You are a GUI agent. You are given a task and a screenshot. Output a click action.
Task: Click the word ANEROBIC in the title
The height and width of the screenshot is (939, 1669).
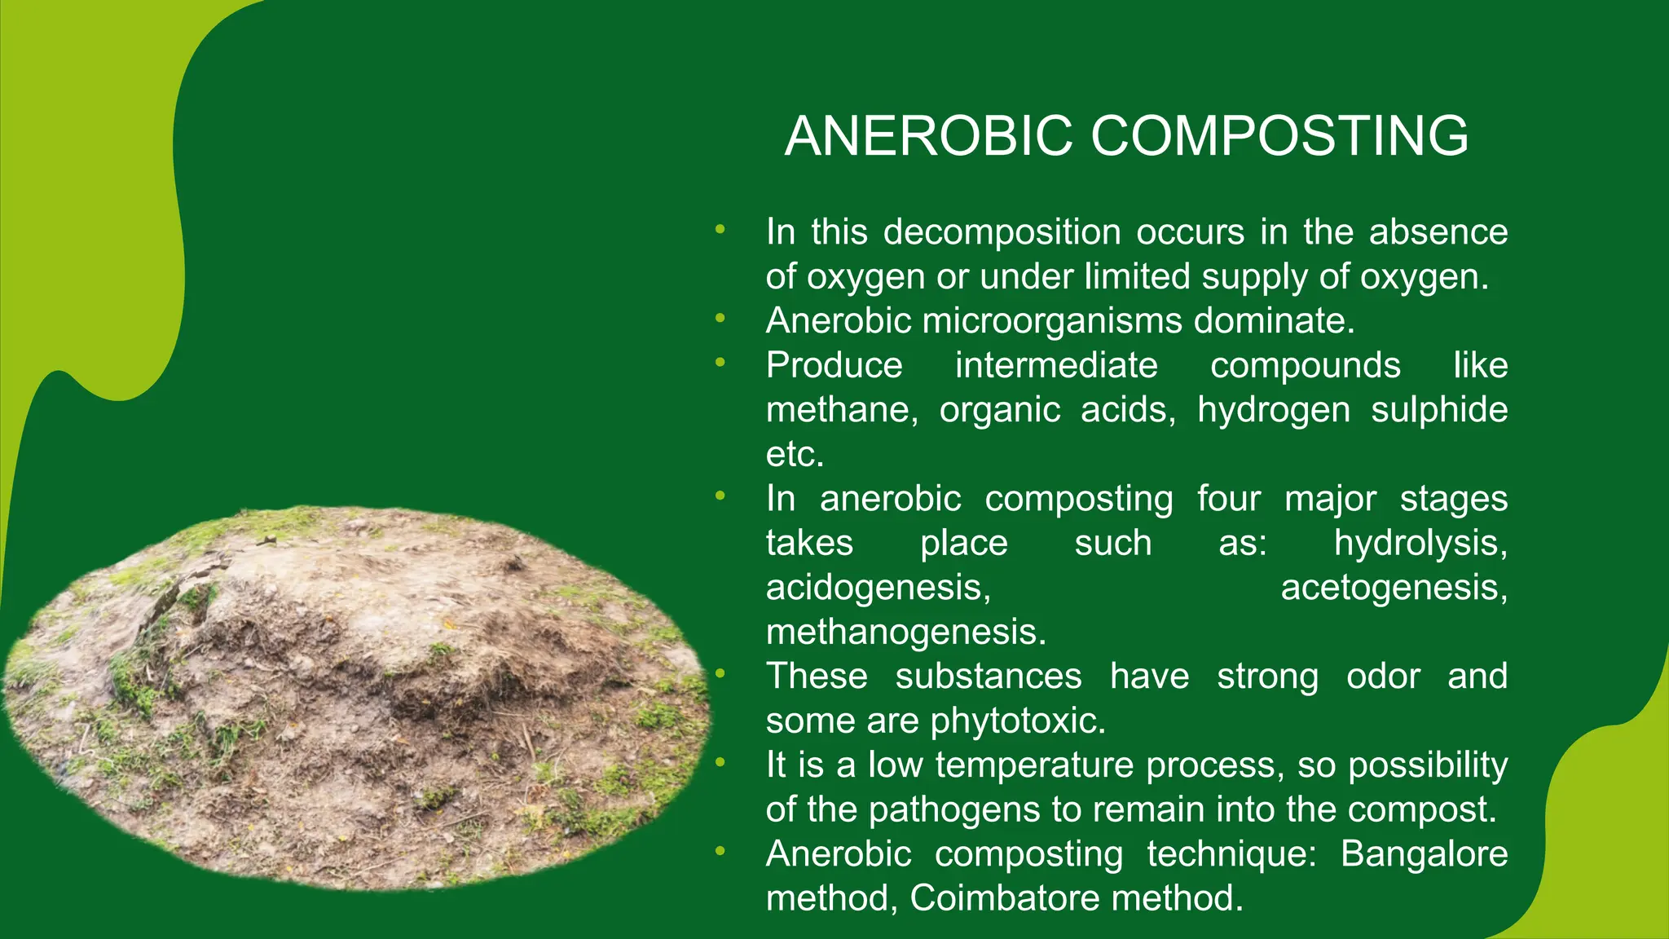click(928, 135)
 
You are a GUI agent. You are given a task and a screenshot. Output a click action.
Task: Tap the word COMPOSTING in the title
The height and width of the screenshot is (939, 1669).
click(1279, 135)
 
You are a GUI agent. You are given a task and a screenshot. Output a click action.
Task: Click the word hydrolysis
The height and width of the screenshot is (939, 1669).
click(1420, 543)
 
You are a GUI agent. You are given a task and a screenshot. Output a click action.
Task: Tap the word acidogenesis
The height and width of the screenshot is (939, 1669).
click(878, 588)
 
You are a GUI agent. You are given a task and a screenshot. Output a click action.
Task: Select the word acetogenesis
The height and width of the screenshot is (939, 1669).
click(1394, 588)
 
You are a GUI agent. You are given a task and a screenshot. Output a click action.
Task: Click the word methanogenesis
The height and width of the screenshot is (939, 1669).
click(905, 633)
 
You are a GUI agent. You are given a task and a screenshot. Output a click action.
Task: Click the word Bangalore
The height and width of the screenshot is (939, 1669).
click(1424, 854)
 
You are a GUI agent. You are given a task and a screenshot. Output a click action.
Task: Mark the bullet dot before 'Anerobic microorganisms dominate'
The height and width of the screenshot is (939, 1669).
click(720, 319)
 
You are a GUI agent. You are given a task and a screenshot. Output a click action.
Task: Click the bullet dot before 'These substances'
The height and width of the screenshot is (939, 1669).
click(720, 674)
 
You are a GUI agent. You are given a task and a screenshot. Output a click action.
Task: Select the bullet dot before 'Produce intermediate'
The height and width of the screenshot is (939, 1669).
click(720, 363)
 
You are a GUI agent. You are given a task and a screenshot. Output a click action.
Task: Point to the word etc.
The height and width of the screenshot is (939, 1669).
click(795, 455)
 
